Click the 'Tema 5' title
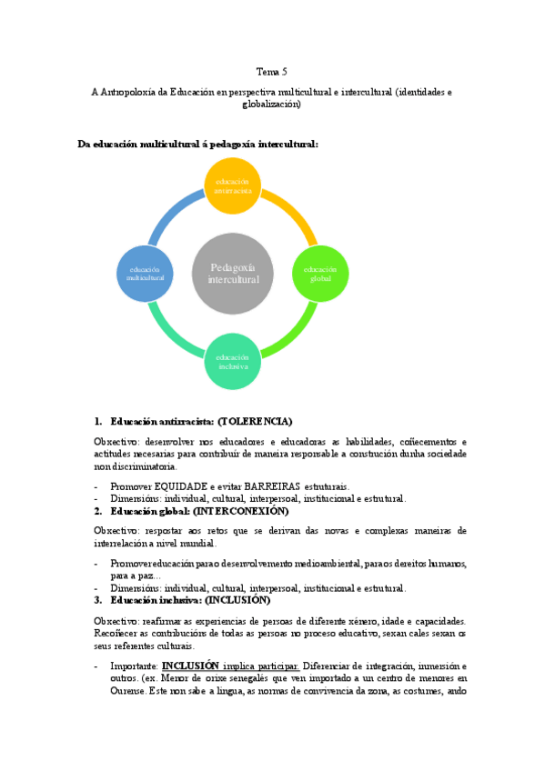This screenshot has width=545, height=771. click(x=272, y=71)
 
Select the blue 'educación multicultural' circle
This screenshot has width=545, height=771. click(x=146, y=274)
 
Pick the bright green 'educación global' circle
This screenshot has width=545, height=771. click(x=320, y=274)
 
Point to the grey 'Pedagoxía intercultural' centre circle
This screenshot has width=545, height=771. click(x=234, y=274)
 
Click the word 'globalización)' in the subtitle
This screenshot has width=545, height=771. click(x=272, y=105)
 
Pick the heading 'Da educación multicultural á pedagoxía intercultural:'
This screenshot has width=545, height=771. click(x=197, y=144)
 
